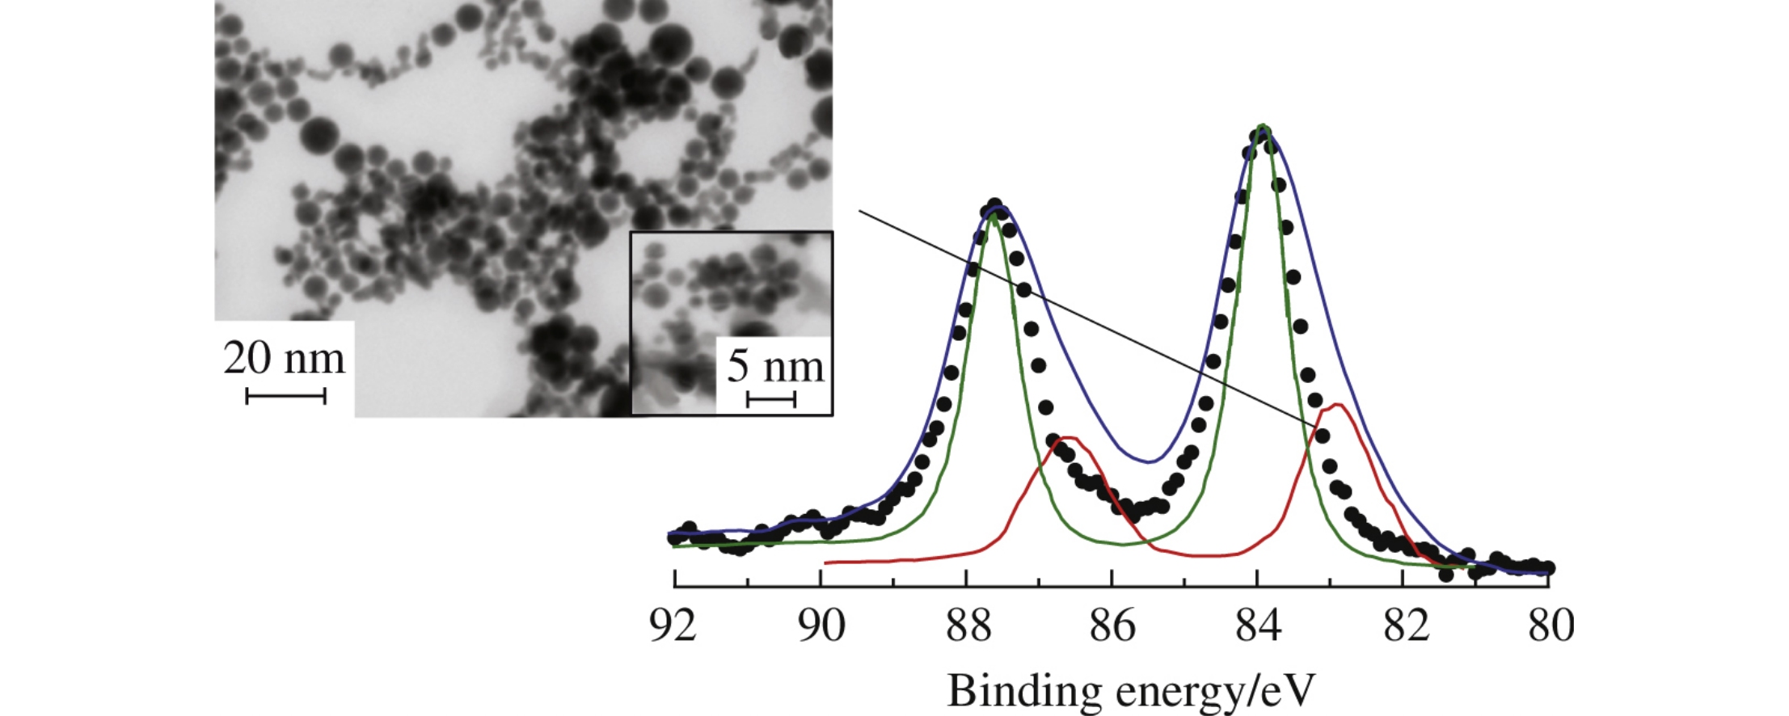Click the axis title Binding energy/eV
pos(1131,692)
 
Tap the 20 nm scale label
pos(284,359)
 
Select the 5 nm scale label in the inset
pos(774,367)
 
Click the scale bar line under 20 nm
pos(285,396)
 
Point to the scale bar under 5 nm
pos(771,399)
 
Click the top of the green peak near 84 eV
pos(1263,126)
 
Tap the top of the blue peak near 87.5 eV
pos(999,208)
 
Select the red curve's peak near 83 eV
pos(1337,405)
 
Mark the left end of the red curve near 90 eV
pos(826,562)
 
